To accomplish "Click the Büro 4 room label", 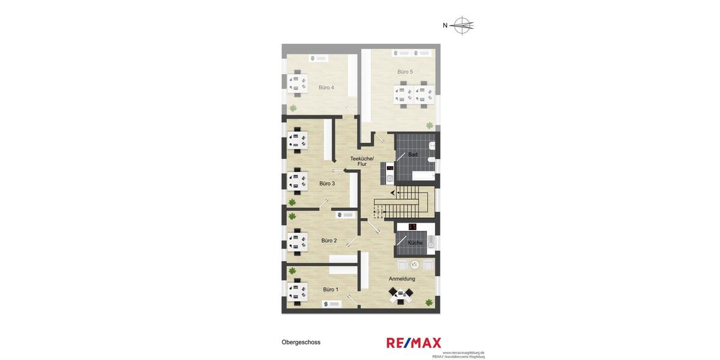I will [x=326, y=88].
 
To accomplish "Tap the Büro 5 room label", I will [x=405, y=72].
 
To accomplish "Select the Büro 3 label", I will [x=327, y=184].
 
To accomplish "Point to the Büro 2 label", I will [x=329, y=241].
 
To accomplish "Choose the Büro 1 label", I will [x=331, y=290].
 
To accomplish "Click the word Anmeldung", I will [x=402, y=279].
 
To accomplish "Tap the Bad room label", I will [x=413, y=155].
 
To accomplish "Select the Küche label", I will [x=415, y=243].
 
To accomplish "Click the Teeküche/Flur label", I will [x=362, y=161].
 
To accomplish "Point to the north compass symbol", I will [x=462, y=25].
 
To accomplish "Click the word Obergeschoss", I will [x=301, y=343].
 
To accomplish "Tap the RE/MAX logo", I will [x=413, y=343].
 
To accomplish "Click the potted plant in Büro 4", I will [x=293, y=109].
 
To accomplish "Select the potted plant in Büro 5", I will [x=430, y=125].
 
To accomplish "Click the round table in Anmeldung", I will [x=415, y=264].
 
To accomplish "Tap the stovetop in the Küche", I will [x=412, y=227].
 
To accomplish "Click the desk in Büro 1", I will [x=297, y=290].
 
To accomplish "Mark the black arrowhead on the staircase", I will [x=392, y=193].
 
